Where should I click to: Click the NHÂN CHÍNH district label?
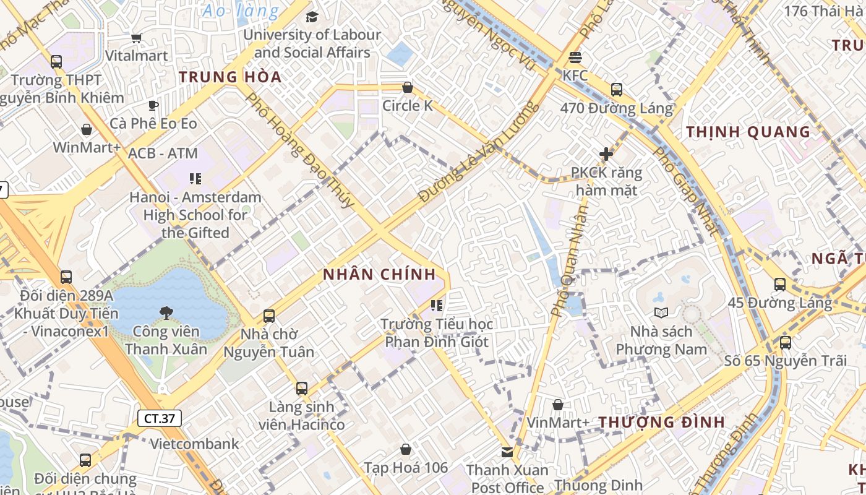pyautogui.click(x=380, y=275)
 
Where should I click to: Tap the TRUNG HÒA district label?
pyautogui.click(x=230, y=77)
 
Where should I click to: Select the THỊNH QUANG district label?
pyautogui.click(x=748, y=132)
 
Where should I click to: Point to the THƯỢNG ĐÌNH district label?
pyautogui.click(x=661, y=423)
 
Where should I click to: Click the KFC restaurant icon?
pyautogui.click(x=575, y=58)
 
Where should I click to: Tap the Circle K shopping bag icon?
pyautogui.click(x=407, y=88)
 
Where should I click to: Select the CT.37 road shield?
pyautogui.click(x=160, y=418)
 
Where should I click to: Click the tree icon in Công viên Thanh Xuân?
pyautogui.click(x=166, y=313)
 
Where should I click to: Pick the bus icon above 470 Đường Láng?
pyautogui.click(x=616, y=90)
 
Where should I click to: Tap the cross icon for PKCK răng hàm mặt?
pyautogui.click(x=606, y=154)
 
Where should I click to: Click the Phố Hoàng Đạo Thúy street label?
pyautogui.click(x=300, y=150)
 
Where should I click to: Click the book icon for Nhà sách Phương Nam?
pyautogui.click(x=661, y=312)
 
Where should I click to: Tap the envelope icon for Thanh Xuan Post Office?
pyautogui.click(x=507, y=452)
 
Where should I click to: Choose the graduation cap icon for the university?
pyautogui.click(x=312, y=17)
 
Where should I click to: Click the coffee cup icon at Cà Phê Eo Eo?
pyautogui.click(x=153, y=106)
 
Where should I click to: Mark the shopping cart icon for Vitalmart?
pyautogui.click(x=136, y=38)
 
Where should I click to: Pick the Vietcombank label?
pyautogui.click(x=194, y=444)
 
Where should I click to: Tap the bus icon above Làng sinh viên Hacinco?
pyautogui.click(x=302, y=389)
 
